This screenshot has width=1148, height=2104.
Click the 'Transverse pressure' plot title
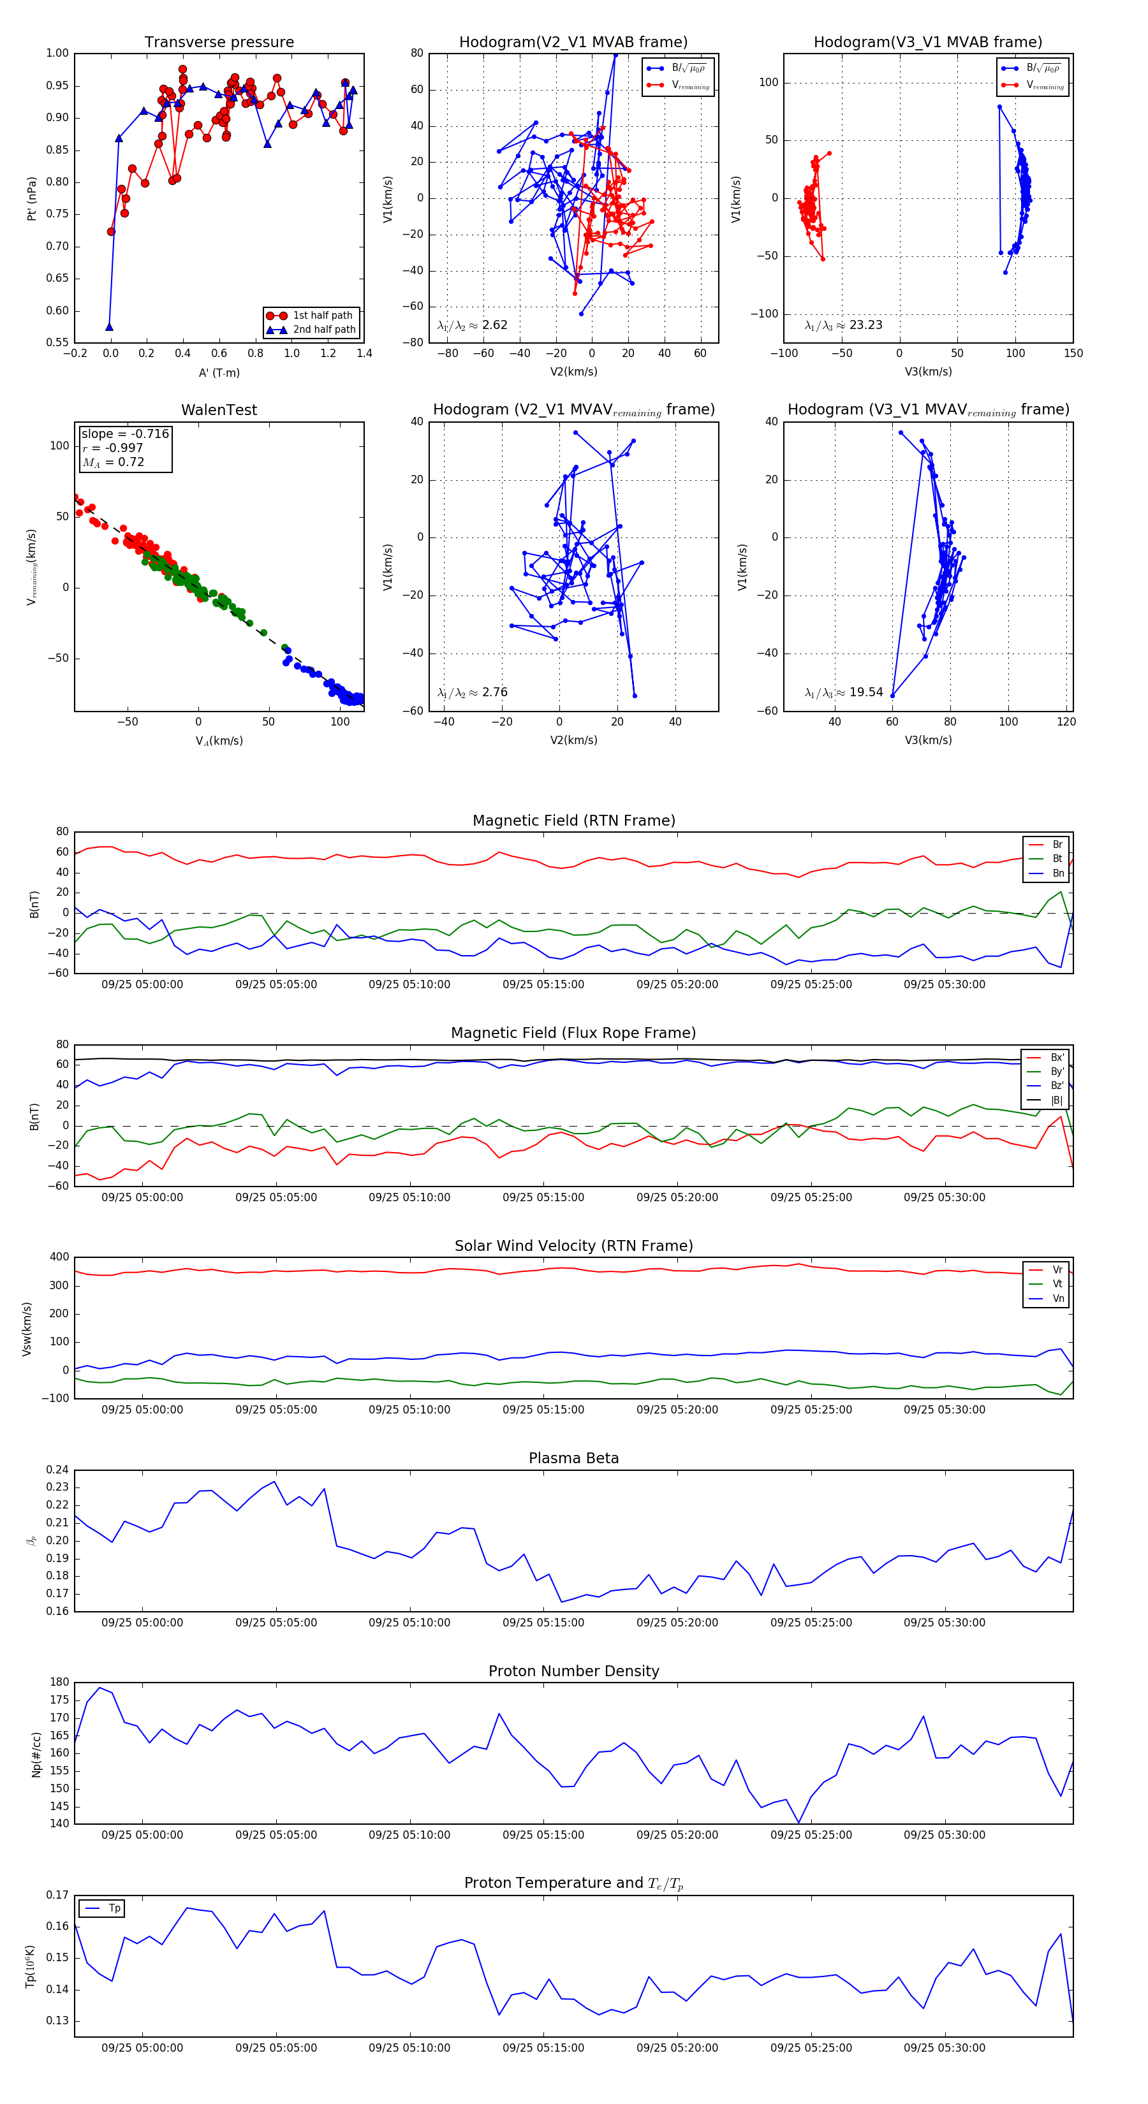219,43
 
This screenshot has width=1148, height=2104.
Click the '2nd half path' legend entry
323,330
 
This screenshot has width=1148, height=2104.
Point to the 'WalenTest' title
219,410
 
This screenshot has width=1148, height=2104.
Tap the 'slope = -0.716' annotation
125,434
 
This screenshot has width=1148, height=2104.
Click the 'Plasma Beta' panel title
573,1458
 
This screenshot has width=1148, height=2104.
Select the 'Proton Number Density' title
573,1671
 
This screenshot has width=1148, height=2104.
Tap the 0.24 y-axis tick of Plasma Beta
58,1470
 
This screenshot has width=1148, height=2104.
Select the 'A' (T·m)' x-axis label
219,373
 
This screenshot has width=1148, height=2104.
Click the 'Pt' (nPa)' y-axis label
32,198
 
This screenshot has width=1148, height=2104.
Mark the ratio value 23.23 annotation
865,325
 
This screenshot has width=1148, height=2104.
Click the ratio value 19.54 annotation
865,692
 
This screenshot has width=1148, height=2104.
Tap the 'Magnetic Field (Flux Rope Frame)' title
573,1034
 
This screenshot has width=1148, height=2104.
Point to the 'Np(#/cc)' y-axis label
36,1755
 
